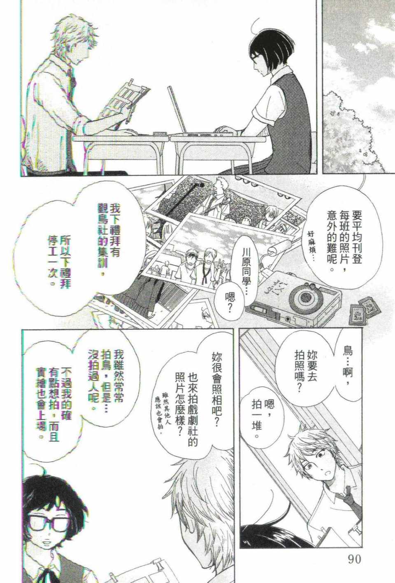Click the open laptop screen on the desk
(x=177, y=110)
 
